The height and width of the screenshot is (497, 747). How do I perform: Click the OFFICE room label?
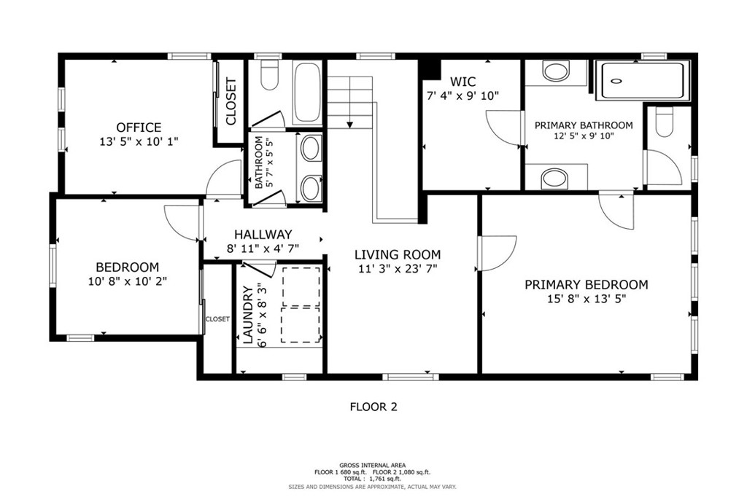pyautogui.click(x=139, y=128)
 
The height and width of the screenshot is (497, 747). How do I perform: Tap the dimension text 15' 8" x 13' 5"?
pyautogui.click(x=586, y=299)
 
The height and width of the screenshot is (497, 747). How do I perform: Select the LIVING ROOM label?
pyautogui.click(x=398, y=254)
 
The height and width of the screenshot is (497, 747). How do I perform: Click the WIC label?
pyautogui.click(x=462, y=82)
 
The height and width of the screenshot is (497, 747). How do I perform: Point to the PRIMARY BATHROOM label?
pyautogui.click(x=584, y=125)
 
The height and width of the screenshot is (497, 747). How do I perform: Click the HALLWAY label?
pyautogui.click(x=263, y=234)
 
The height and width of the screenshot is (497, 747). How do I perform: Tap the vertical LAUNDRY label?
pyautogui.click(x=248, y=315)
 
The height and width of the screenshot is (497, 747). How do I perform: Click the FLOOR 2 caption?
pyautogui.click(x=373, y=407)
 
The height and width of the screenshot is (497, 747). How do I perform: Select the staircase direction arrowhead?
pyautogui.click(x=349, y=125)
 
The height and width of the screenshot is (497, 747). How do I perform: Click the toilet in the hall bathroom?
pyautogui.click(x=270, y=75)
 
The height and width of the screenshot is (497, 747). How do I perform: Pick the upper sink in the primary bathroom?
pyautogui.click(x=557, y=71)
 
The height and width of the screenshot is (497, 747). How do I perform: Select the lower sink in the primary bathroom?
pyautogui.click(x=555, y=179)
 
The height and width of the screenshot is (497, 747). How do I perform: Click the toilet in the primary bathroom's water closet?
pyautogui.click(x=664, y=122)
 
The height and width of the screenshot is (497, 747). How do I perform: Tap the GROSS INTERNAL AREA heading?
pyautogui.click(x=373, y=465)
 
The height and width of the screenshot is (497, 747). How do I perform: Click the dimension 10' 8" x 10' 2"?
pyautogui.click(x=127, y=281)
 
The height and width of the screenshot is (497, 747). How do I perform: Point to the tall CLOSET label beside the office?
pyautogui.click(x=231, y=101)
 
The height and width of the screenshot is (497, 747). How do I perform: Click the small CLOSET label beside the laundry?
pyautogui.click(x=217, y=319)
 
